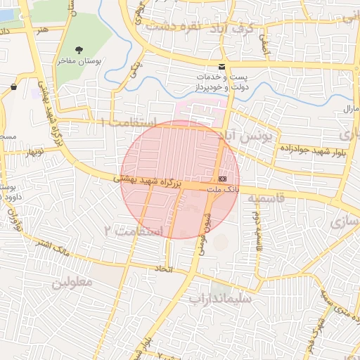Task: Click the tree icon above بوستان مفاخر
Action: click(x=79, y=51)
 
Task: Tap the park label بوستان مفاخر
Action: click(x=79, y=63)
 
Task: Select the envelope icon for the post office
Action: click(x=222, y=67)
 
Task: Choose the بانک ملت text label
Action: click(x=224, y=189)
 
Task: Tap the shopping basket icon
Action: click(x=14, y=86)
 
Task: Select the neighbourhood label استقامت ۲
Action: click(x=134, y=231)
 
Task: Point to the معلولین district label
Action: click(x=72, y=282)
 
